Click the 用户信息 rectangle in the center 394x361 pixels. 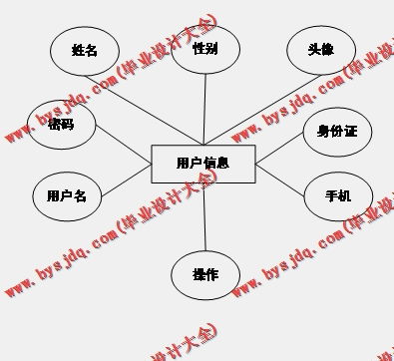[x=203, y=164]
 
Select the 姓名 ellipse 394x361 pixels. [x=85, y=51]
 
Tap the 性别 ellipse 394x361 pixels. [x=205, y=48]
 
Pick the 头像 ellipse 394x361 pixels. [x=320, y=49]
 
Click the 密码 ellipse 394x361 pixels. [x=62, y=125]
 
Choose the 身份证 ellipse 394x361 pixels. [x=337, y=131]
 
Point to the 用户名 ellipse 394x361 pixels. [x=67, y=195]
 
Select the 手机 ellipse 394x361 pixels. [x=338, y=195]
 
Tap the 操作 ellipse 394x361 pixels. [x=204, y=275]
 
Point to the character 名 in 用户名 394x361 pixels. [x=80, y=195]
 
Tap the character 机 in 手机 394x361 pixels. [x=345, y=195]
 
